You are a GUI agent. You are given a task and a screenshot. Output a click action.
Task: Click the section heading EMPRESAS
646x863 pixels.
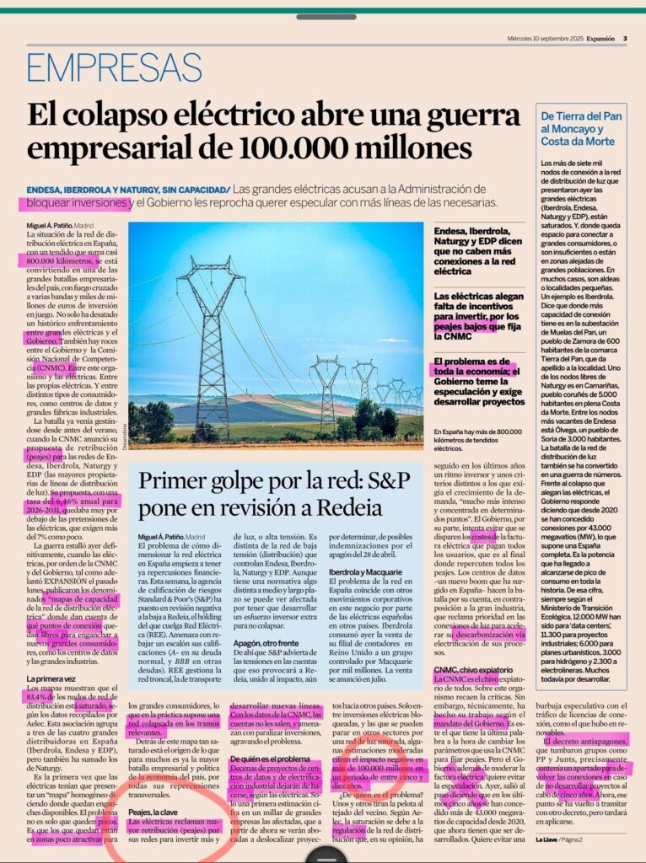tap(114, 68)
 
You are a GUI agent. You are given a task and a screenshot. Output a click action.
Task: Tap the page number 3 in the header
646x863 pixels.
tap(624, 38)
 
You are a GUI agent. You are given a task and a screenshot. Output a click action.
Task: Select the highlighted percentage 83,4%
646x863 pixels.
tap(42, 697)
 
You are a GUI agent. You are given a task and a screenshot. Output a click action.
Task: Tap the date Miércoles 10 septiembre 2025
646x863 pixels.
tap(546, 38)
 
